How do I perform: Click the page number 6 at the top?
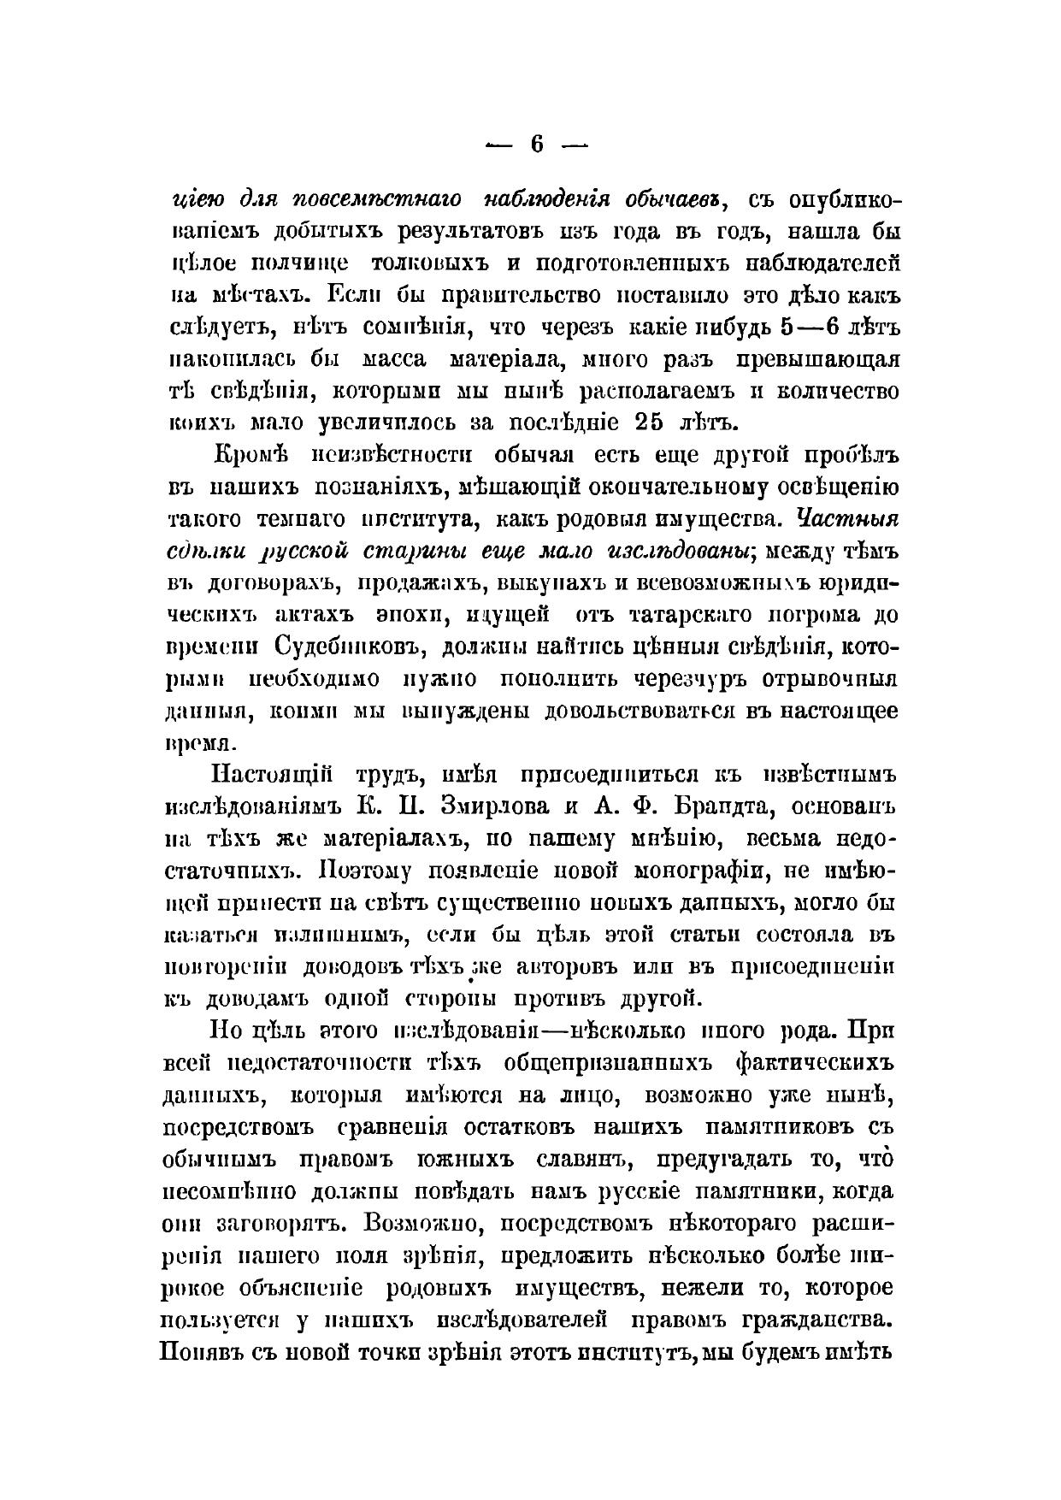coord(536,144)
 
